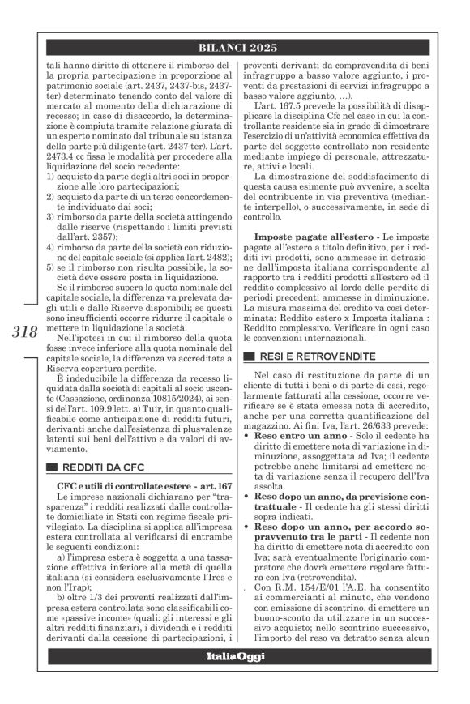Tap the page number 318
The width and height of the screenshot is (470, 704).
(25, 331)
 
